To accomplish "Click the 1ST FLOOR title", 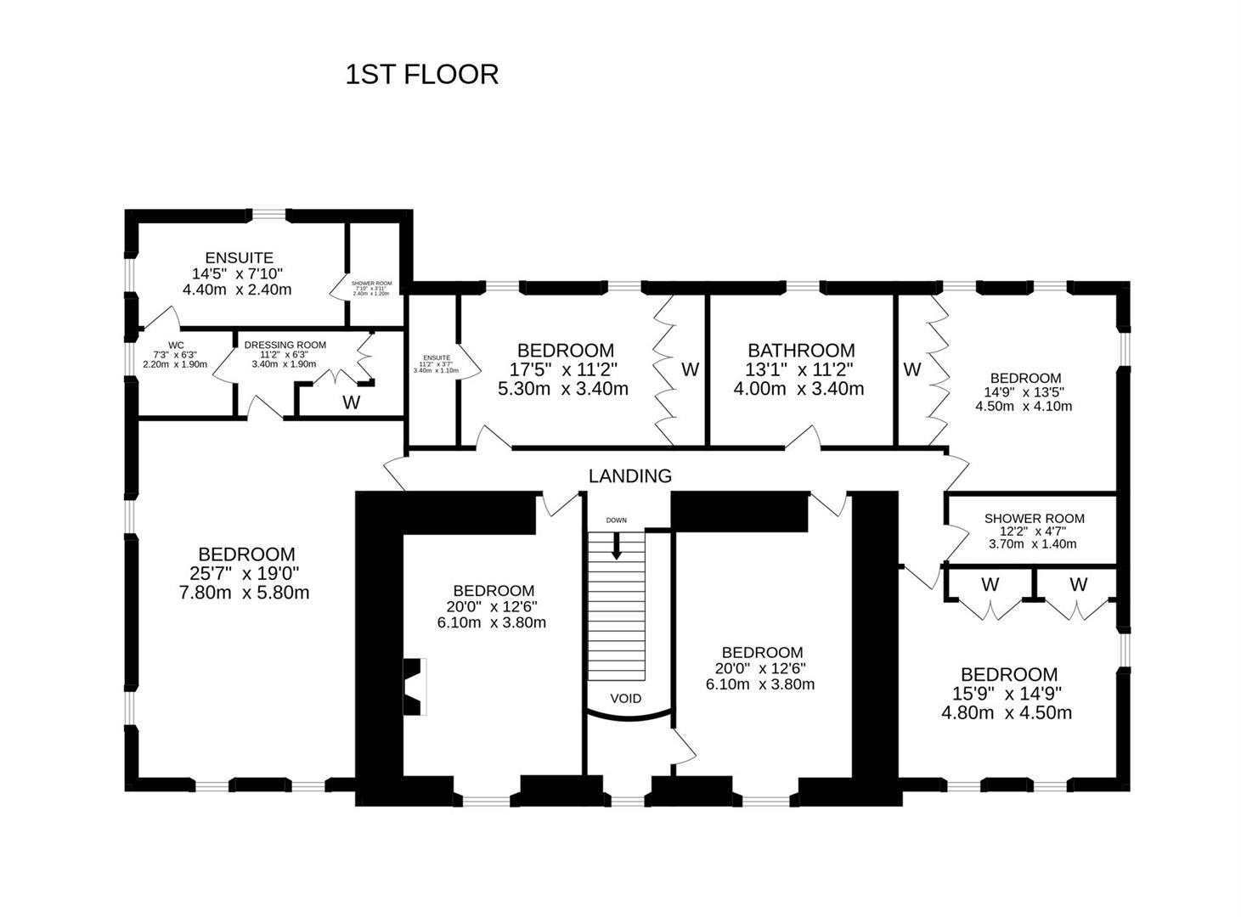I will click(421, 75).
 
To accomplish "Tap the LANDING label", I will click(629, 476).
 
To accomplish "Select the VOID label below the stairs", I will click(626, 699).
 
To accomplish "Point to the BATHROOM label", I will click(800, 351).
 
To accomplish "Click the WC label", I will click(176, 345).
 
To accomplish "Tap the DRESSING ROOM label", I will click(285, 345).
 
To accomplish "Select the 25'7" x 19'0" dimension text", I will click(245, 574).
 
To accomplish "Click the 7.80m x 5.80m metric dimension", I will click(245, 593).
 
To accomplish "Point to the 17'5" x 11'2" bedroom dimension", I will click(564, 370).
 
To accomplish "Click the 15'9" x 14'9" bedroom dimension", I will click(1008, 694).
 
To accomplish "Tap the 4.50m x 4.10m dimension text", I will click(1024, 406).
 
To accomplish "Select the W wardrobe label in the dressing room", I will click(351, 403).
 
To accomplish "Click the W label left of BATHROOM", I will click(690, 369).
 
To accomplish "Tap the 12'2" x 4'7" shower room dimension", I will click(1034, 532).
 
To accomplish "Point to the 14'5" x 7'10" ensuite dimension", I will click(237, 273).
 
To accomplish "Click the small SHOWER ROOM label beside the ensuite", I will click(371, 283).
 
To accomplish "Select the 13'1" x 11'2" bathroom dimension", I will click(799, 370).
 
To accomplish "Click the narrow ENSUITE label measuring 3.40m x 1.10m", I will click(436, 358).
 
